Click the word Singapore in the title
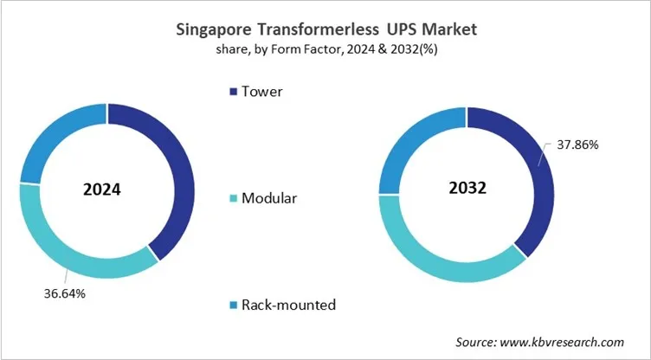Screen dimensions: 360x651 point(213,30)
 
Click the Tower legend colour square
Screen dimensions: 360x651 point(230,91)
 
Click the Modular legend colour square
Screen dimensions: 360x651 point(230,198)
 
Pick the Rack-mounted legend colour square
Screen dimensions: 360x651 point(230,305)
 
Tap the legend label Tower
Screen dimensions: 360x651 point(261,91)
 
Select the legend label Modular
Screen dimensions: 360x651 point(269,198)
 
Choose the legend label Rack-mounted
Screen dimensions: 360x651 point(288,305)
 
